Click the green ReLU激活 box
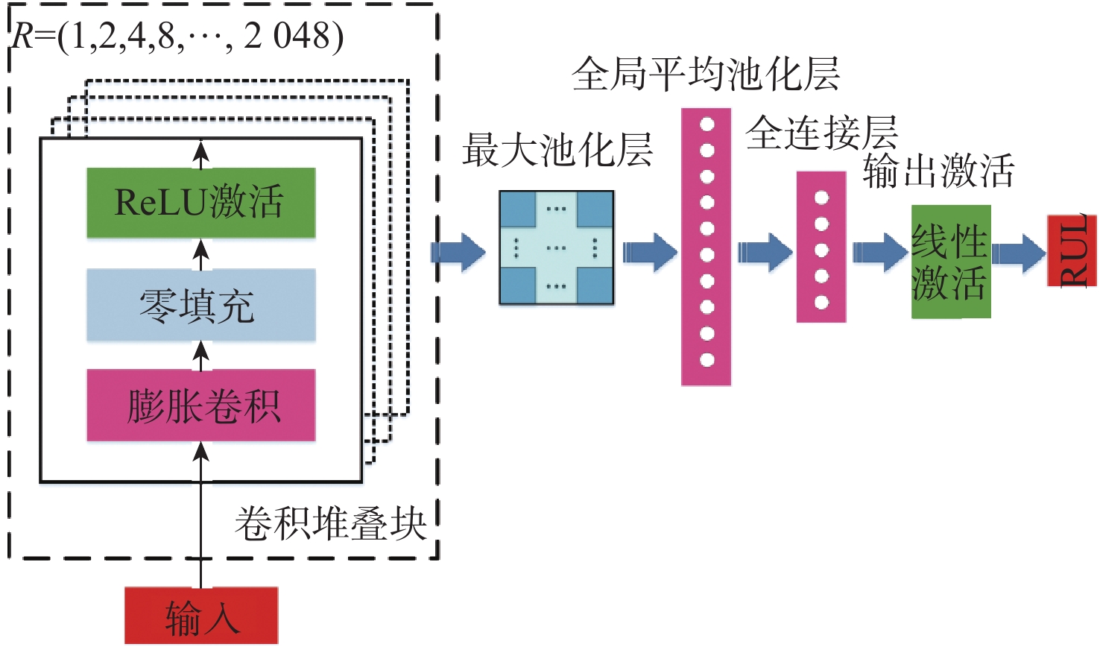click(x=200, y=203)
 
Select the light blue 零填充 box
click(x=200, y=305)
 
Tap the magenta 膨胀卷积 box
click(x=200, y=406)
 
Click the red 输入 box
click(x=200, y=616)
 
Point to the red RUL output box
click(x=1072, y=251)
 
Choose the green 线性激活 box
click(x=950, y=262)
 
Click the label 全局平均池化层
click(x=705, y=74)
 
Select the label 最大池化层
click(x=557, y=150)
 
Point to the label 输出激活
click(x=938, y=171)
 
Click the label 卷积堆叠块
click(x=329, y=523)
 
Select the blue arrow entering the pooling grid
click(x=458, y=252)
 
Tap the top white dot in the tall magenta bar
click(x=707, y=124)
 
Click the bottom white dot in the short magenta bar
click(x=821, y=302)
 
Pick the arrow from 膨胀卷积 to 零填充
click(x=200, y=355)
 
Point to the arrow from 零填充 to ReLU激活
click(x=200, y=253)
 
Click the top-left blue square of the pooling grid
click(x=518, y=209)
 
